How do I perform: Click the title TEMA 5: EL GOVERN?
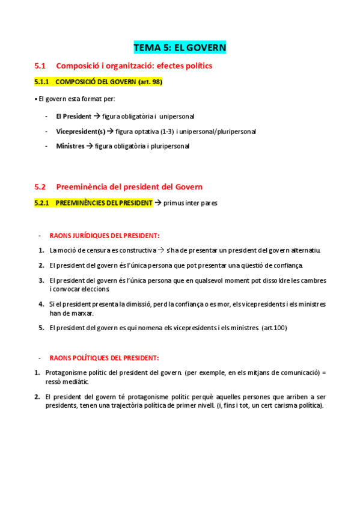[180, 47]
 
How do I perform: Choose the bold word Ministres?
[70, 146]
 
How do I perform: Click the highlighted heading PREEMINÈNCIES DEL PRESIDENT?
[103, 203]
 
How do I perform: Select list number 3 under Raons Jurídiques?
[41, 280]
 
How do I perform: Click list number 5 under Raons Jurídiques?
[41, 328]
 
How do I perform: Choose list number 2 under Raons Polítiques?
[38, 397]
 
